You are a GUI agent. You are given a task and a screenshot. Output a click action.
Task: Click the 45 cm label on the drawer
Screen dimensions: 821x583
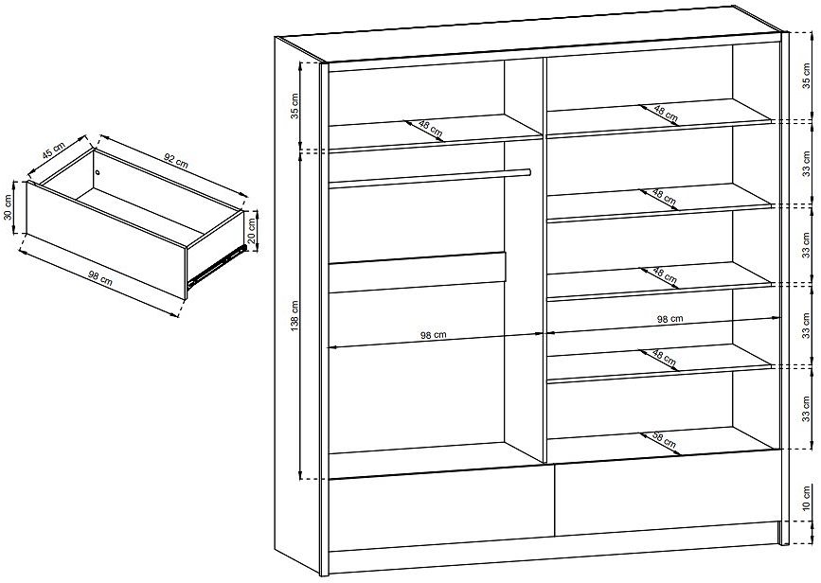54,150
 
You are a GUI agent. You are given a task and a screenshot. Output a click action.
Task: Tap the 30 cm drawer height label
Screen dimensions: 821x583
8,207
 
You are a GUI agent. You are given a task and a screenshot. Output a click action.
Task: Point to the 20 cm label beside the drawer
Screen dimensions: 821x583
252,231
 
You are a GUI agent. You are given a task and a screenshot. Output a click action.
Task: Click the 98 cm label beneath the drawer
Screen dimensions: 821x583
99,277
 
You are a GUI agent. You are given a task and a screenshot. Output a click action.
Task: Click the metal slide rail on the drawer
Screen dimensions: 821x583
217,266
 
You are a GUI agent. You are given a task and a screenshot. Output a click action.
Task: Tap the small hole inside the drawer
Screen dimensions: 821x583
98,172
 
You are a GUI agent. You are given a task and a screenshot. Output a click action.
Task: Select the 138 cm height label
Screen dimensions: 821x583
294,315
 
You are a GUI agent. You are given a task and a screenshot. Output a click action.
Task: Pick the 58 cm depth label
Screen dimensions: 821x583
664,440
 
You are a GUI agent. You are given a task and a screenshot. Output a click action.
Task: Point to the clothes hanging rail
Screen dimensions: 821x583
430,177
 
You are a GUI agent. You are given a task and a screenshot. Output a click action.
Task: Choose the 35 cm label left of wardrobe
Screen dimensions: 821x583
294,106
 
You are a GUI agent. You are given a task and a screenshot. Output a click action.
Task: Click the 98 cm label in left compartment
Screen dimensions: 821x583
434,335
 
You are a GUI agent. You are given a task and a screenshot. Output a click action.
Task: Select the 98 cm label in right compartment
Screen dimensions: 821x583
670,318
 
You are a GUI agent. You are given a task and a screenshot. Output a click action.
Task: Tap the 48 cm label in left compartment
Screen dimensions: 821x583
431,129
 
